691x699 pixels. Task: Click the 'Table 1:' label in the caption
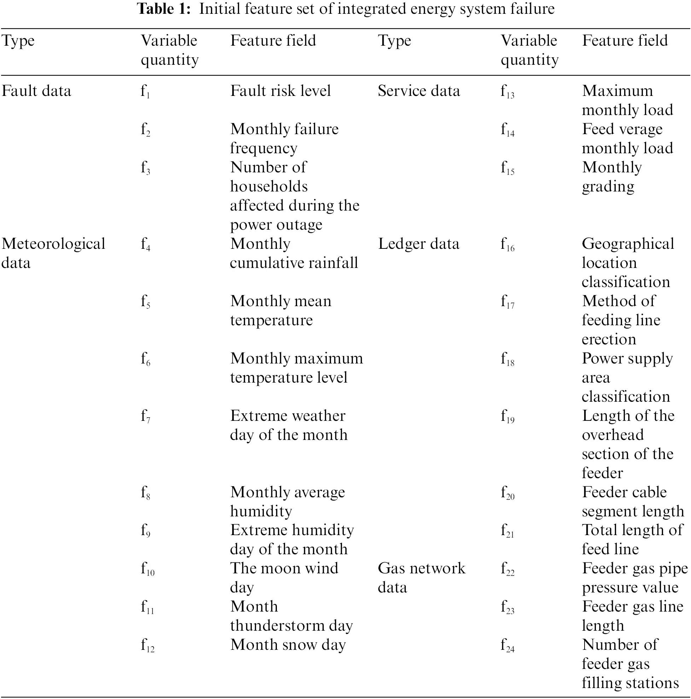click(164, 9)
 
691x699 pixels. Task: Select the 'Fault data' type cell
click(36, 91)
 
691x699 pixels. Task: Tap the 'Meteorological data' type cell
click(53, 253)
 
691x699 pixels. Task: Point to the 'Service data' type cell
click(419, 91)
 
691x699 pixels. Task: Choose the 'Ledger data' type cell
click(418, 244)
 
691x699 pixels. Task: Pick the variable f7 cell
click(145, 417)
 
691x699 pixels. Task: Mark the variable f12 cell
click(147, 646)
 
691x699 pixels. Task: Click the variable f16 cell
click(507, 245)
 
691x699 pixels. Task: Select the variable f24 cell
click(507, 646)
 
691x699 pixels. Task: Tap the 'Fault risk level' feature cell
click(280, 91)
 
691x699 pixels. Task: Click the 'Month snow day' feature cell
click(288, 645)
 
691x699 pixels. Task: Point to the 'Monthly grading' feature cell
click(612, 177)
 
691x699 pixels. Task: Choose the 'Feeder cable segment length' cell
click(633, 502)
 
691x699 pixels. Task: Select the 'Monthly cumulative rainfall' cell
click(294, 253)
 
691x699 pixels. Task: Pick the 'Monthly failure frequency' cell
click(284, 139)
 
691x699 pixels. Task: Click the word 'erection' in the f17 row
click(609, 339)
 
